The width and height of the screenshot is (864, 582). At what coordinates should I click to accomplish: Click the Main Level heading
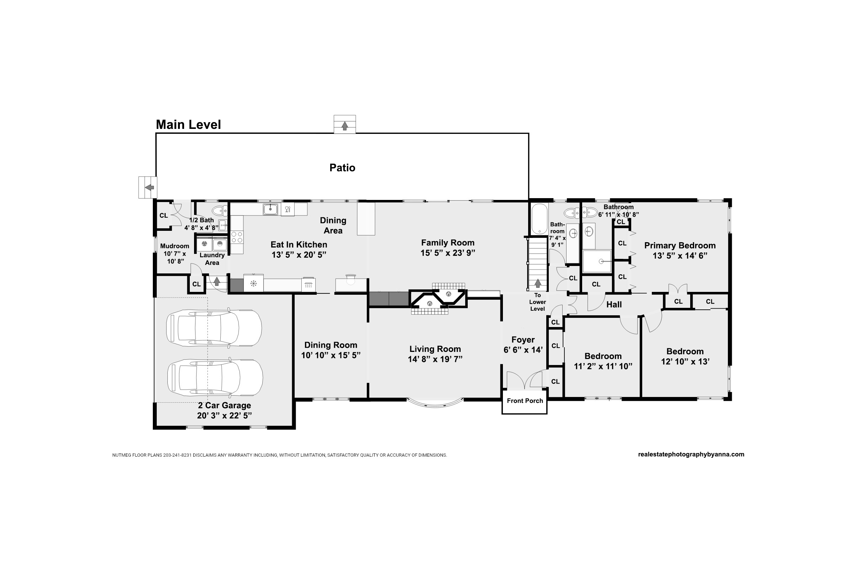tap(188, 125)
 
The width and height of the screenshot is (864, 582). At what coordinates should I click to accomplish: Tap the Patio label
tap(342, 168)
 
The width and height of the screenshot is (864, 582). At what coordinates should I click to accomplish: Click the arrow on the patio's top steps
tap(345, 126)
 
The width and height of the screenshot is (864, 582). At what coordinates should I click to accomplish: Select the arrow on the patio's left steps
tap(149, 187)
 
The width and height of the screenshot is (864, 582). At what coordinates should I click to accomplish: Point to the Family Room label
tap(447, 243)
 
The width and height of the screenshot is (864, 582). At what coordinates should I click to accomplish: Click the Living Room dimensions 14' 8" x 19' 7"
tap(435, 359)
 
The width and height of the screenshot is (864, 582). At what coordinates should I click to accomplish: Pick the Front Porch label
tap(525, 401)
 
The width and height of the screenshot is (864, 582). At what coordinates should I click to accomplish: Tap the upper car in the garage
tap(214, 328)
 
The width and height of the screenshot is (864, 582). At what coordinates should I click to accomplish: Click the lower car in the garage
tap(215, 377)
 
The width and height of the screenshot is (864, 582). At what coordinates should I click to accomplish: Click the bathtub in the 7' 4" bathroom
tap(539, 219)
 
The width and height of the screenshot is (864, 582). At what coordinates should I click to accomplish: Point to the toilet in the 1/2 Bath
tap(220, 211)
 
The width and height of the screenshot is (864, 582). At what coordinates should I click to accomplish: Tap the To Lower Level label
tap(537, 302)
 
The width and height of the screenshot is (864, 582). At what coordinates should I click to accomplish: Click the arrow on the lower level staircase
tap(537, 284)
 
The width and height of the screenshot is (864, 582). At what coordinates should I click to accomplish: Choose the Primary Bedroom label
tap(680, 245)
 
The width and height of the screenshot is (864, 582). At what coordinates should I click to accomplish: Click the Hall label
tap(614, 305)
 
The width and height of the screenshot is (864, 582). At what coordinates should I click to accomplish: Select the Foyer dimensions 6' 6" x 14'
tap(523, 350)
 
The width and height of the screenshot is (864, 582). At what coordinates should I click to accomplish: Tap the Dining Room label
tap(331, 345)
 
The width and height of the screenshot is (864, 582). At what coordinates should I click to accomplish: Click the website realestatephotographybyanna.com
tap(691, 455)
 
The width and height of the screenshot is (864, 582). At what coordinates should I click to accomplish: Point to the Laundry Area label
tap(212, 259)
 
